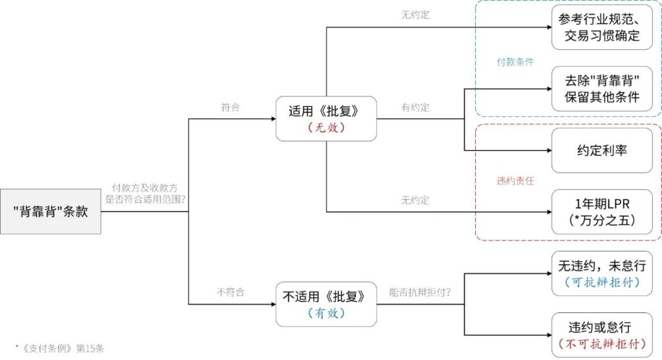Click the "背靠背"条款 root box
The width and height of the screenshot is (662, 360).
tap(51, 211)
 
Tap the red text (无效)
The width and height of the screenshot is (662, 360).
tap(326, 127)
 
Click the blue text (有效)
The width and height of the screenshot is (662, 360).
tap(326, 313)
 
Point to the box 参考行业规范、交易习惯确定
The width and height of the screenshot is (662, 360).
tap(602, 27)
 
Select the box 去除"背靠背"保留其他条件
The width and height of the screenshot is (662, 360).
tap(602, 89)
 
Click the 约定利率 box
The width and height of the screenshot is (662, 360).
tap(602, 150)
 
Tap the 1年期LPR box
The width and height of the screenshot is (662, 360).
tap(602, 211)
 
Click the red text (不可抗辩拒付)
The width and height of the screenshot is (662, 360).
tap(602, 343)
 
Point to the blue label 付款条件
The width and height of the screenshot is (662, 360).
tap(515, 62)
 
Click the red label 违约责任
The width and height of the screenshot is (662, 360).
tap(515, 181)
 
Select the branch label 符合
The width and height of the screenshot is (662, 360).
tap(230, 107)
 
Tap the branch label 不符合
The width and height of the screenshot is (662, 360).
tap(230, 292)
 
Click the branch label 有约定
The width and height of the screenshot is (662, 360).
tap(415, 107)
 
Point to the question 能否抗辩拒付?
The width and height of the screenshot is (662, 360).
tap(420, 292)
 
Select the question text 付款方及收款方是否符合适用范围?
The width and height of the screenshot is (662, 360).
tap(146, 192)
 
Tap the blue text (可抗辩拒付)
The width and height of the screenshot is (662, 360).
tap(602, 282)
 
